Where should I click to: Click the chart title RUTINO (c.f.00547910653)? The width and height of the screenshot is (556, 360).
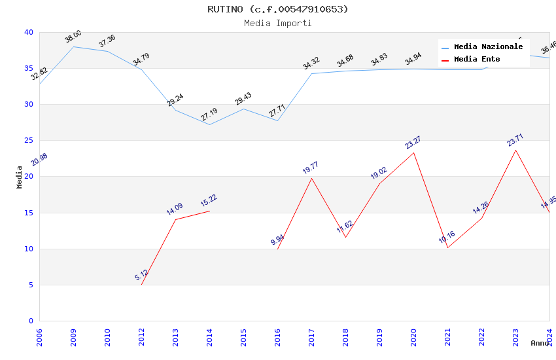278,9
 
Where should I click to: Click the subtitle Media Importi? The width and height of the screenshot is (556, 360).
278,23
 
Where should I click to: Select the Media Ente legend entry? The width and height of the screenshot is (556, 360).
477,60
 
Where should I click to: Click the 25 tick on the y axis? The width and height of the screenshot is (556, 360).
29,141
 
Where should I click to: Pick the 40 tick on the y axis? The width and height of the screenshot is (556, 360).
29,33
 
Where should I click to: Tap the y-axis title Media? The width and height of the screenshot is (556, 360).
20,177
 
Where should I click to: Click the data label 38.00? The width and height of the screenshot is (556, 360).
73,37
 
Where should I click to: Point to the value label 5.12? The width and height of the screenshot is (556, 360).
142,276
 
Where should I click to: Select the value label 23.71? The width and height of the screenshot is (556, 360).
515,140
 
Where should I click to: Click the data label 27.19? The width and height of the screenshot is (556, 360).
209,115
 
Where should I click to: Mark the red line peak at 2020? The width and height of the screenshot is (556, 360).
413,153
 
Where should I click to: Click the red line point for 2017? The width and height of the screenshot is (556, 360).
311,178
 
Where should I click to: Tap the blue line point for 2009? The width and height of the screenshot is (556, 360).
73,46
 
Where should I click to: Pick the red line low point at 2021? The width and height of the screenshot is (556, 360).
447,247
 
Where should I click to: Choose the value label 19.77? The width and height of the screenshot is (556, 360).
311,168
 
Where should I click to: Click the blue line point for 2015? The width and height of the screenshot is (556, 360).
243,109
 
